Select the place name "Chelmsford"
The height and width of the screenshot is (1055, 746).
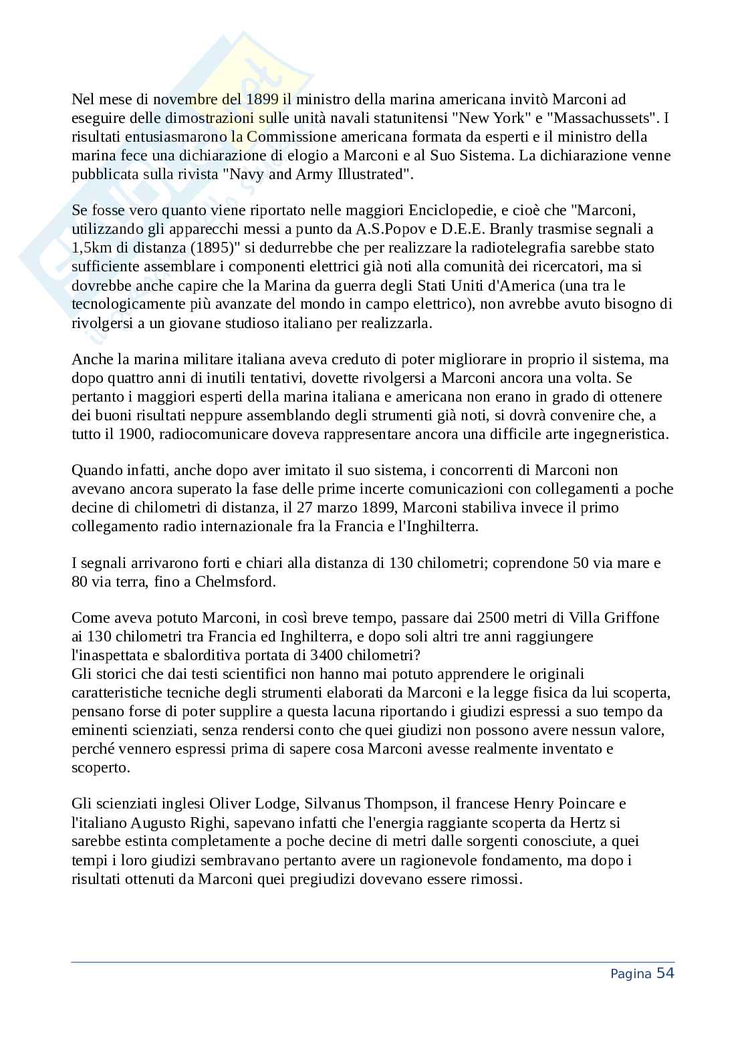pyautogui.click(x=235, y=581)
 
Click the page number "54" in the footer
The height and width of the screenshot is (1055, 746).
pyautogui.click(x=665, y=973)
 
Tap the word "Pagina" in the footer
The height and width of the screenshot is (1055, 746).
pyautogui.click(x=630, y=974)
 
